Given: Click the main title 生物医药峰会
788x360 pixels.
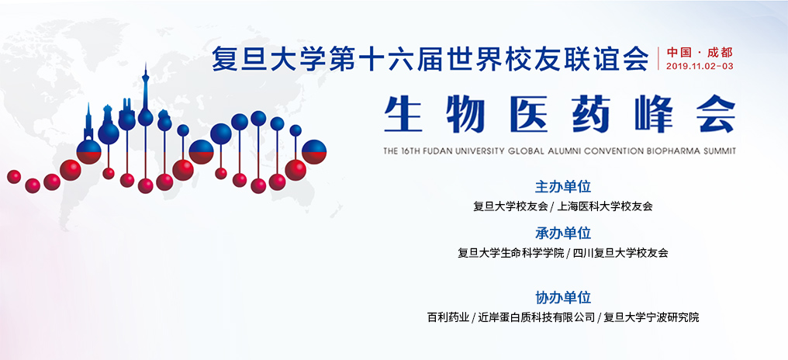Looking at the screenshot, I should tap(559, 117).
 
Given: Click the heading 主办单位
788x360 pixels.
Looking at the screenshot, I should tap(563, 187).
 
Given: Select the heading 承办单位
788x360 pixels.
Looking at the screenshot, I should tap(563, 233).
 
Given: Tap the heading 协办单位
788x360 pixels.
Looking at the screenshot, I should tap(563, 297).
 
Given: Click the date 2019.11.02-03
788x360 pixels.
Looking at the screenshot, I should tap(700, 66).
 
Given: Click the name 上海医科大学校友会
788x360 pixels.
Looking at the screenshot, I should tap(605, 206).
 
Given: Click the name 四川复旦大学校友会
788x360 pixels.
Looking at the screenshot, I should tap(620, 252).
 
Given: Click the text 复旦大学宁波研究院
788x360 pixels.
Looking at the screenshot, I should tap(651, 317).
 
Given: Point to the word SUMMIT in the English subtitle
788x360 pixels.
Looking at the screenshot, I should tap(718, 151).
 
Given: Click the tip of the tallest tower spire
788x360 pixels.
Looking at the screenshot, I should tap(144, 64).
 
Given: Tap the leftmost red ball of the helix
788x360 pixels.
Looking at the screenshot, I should tap(14, 177).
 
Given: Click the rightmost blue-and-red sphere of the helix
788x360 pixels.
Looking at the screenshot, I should tap(314, 151).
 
